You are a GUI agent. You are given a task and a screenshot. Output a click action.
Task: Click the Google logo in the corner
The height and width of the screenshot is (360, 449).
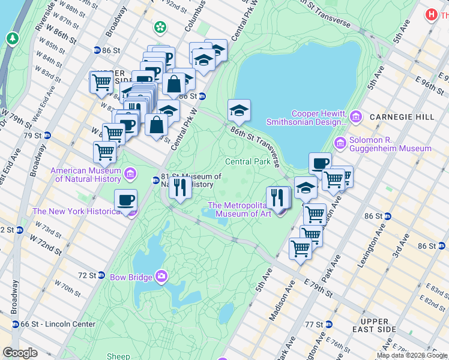tap(20, 353)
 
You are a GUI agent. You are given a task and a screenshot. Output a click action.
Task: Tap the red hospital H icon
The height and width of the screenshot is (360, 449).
tap(430, 14)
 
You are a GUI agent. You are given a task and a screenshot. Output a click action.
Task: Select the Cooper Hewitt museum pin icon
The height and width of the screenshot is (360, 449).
tap(355, 115)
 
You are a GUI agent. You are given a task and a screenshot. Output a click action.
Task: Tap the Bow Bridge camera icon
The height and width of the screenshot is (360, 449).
tap(161, 276)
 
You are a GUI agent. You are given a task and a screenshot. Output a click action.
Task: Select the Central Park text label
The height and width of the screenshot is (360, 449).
tap(247, 162)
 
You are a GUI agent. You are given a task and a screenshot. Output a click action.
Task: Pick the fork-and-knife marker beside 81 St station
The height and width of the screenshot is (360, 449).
tap(179, 188)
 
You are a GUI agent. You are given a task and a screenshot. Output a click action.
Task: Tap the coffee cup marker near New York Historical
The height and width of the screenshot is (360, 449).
tap(125, 200)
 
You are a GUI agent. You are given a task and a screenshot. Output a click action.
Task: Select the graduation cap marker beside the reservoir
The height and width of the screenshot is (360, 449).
tap(239, 110)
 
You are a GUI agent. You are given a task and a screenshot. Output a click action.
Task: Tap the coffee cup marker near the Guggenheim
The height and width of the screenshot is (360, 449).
tap(320, 163)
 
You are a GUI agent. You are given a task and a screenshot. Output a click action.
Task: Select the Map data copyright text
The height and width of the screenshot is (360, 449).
tap(412, 355)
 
